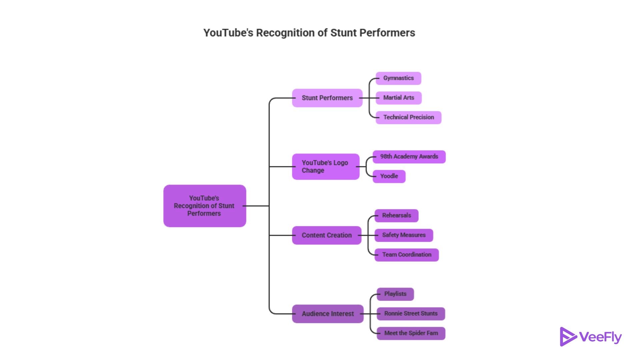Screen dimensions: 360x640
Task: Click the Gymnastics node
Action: tap(398, 78)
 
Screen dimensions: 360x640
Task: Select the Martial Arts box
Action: tap(399, 98)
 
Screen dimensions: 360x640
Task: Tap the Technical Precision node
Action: tap(408, 118)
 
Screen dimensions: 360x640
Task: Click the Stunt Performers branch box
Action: tap(327, 98)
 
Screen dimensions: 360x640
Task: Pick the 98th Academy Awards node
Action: tap(409, 157)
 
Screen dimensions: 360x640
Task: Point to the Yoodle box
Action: tap(389, 176)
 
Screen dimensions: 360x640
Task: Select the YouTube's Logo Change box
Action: tap(326, 167)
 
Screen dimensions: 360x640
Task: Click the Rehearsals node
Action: tap(396, 216)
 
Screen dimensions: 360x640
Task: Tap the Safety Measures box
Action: tap(404, 235)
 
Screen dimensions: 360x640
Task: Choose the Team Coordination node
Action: tap(407, 255)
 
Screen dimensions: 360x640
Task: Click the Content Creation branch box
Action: tap(327, 235)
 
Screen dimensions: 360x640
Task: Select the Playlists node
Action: tap(395, 294)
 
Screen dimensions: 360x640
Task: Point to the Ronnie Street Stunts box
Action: tap(411, 314)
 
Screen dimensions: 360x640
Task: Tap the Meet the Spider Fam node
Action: tap(411, 333)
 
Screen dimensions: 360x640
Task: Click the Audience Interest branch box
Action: tap(328, 314)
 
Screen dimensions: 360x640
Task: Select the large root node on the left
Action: tap(205, 206)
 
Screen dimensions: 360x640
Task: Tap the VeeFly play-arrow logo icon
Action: tap(568, 337)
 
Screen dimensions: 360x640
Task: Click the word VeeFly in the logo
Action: tap(600, 337)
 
